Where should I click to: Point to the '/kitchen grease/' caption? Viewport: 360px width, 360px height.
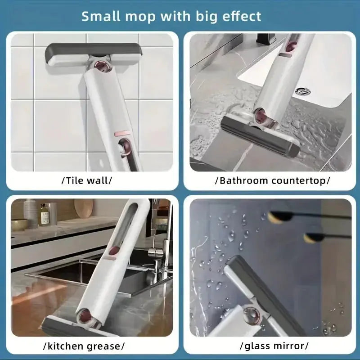[x=83, y=346]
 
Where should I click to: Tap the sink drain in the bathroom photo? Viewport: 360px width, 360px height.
[x=303, y=91]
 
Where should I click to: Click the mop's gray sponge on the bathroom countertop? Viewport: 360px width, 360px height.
[x=261, y=135]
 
